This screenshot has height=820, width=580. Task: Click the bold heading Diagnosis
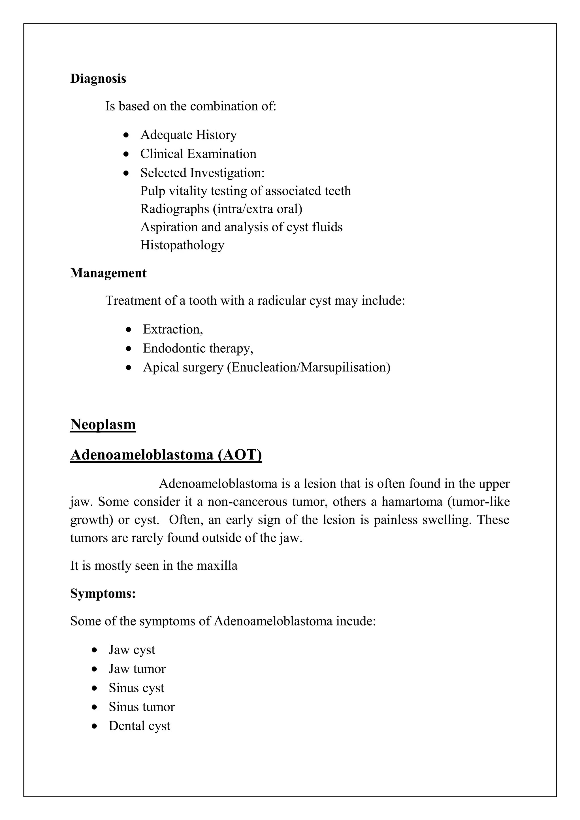click(98, 78)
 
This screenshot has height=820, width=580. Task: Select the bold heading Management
click(108, 273)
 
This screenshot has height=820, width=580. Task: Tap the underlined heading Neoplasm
click(103, 424)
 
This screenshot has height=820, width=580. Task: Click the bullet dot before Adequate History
click(126, 135)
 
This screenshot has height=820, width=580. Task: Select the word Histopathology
click(182, 245)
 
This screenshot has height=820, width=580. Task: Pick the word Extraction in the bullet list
click(172, 329)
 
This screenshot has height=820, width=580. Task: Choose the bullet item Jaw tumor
click(137, 669)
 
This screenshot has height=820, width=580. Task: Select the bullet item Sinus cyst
click(137, 687)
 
